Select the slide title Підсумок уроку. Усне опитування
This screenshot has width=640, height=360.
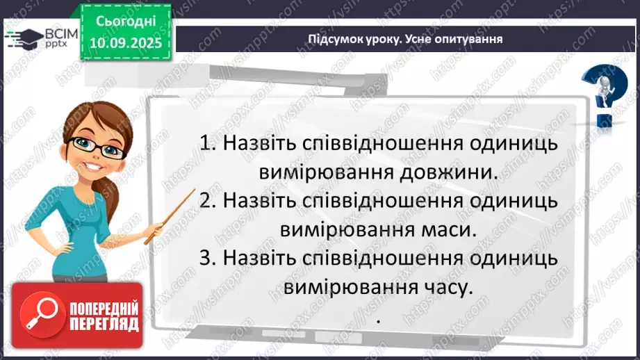(405, 39)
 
